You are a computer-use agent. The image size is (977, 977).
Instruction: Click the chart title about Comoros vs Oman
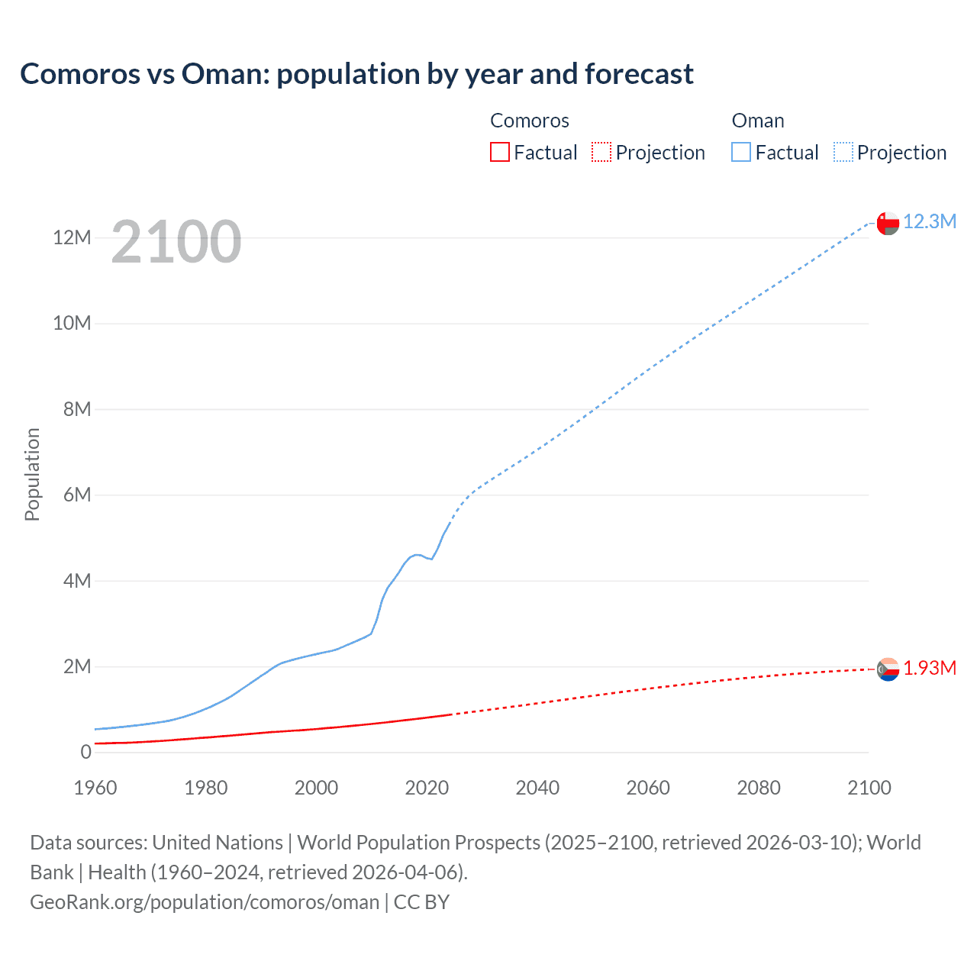356,74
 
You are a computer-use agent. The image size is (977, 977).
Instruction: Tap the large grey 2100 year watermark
176,242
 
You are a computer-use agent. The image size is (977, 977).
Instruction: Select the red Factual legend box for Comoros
499,152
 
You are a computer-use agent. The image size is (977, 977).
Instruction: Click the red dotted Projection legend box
601,152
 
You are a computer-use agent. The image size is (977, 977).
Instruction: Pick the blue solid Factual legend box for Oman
740,152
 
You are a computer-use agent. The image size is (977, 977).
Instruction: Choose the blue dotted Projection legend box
843,152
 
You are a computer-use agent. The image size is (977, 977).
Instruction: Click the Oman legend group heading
757,121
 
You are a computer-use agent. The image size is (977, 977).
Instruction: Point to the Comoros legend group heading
529,121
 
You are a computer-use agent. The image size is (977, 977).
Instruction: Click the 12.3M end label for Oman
929,221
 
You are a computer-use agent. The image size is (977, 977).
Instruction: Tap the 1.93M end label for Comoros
929,668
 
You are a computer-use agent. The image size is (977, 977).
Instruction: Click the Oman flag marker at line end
888,223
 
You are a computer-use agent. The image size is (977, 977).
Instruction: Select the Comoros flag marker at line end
888,669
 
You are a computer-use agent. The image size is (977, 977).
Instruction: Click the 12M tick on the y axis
73,237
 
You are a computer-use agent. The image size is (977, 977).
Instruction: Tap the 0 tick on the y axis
85,752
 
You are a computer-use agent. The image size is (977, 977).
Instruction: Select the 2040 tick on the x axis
537,788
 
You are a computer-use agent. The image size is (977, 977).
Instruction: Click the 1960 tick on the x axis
95,788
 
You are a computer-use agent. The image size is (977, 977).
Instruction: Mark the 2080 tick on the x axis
759,788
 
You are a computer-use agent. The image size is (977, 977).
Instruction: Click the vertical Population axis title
32,474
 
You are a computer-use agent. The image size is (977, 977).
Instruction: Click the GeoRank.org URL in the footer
205,902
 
